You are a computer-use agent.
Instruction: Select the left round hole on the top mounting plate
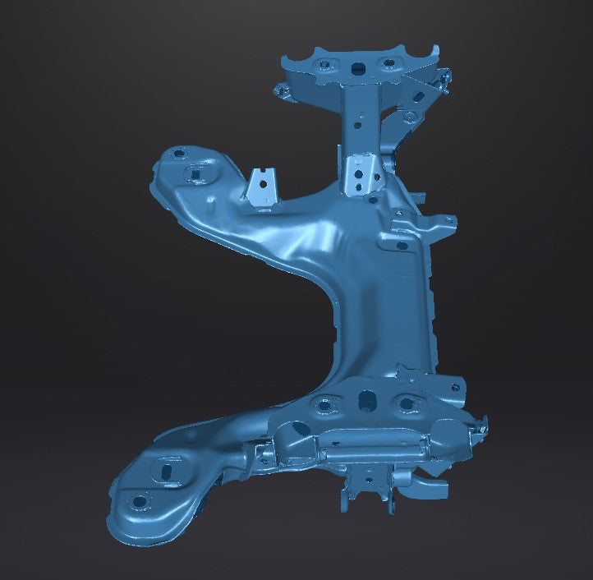pos(323,64)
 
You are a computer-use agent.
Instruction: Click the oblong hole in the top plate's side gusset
pos(418,96)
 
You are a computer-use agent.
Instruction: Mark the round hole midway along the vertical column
pos(358,127)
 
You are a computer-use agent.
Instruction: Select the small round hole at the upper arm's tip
pos(177,152)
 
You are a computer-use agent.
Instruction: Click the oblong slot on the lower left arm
pos(165,472)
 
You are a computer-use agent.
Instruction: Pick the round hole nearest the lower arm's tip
pos(139,500)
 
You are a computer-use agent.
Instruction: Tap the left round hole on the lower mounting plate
pos(324,403)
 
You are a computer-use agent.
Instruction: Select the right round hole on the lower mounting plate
pos(406,402)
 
